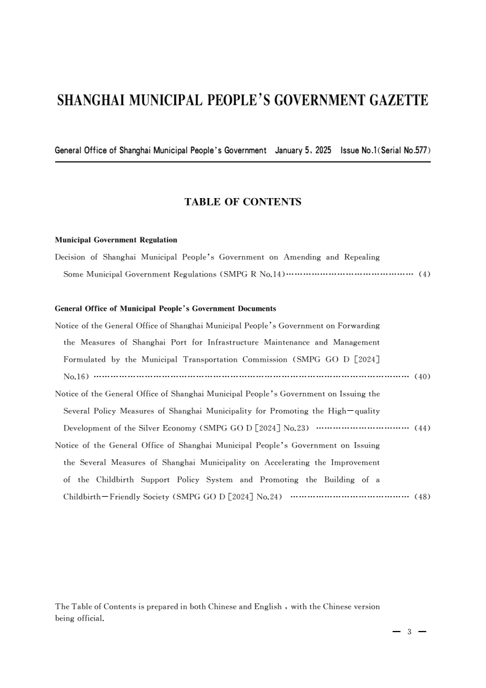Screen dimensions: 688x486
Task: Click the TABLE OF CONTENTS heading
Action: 243,201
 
